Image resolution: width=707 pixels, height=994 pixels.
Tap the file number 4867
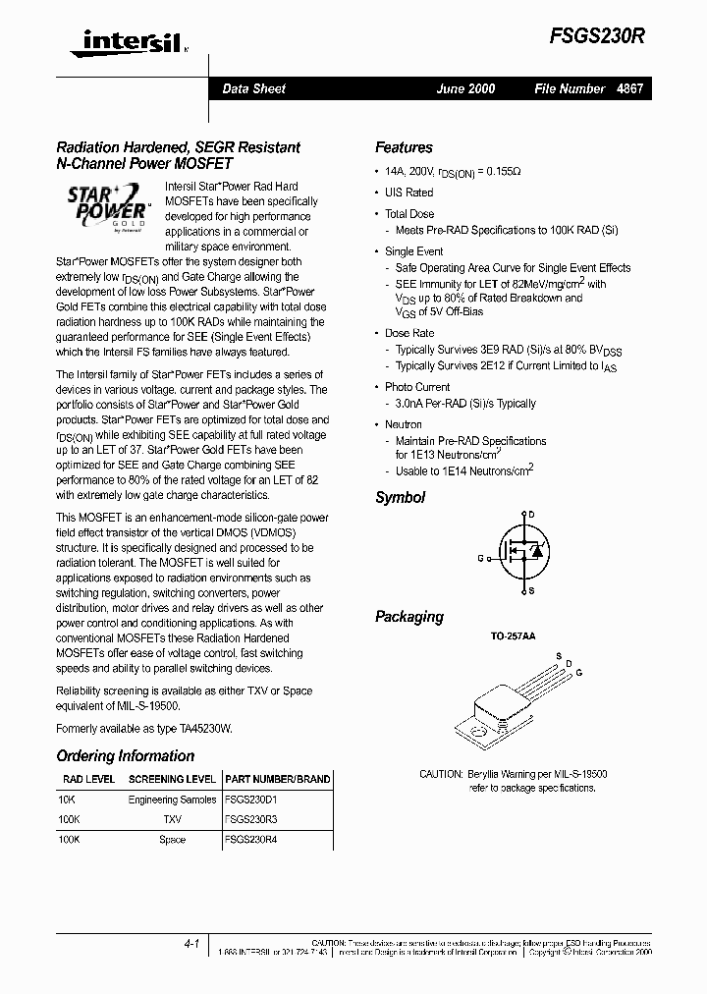[x=629, y=88]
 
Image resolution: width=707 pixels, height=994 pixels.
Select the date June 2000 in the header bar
[x=465, y=88]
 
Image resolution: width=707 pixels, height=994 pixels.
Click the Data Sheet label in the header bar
[x=253, y=88]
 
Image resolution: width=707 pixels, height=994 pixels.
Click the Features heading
[x=404, y=147]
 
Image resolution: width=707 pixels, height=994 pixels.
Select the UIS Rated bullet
[x=408, y=193]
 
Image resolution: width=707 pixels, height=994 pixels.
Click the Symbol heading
[x=400, y=498]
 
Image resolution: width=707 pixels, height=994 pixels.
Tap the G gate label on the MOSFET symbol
[x=481, y=558]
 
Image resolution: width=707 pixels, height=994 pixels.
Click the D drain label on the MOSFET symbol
[x=531, y=515]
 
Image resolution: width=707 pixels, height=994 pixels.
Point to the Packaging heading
[x=408, y=617]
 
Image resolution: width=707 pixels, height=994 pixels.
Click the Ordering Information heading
[x=125, y=756]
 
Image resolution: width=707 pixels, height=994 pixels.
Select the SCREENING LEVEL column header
[x=172, y=779]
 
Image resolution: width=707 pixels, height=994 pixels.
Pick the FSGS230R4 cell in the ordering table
[x=251, y=840]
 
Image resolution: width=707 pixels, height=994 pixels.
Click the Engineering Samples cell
[x=172, y=800]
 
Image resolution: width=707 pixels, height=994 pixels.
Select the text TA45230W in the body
[x=201, y=729]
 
